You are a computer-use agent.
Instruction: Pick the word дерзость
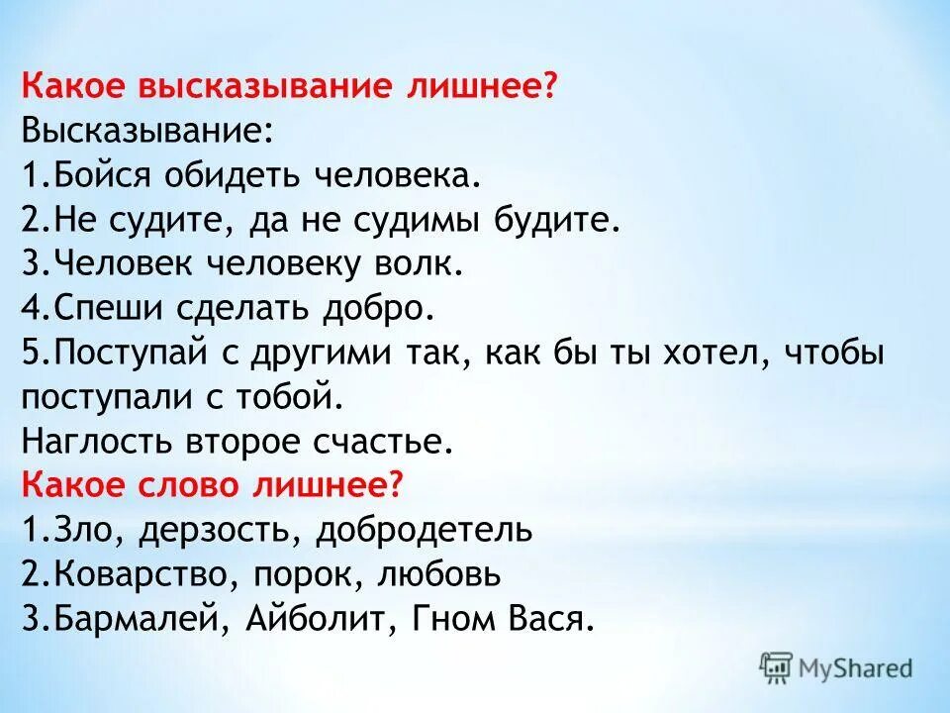(x=219, y=530)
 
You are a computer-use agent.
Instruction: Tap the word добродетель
(x=426, y=530)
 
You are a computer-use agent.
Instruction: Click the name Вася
(x=548, y=620)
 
